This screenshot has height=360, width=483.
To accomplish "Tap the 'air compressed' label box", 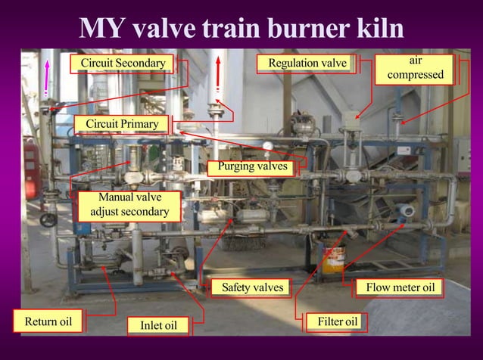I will click(416, 67).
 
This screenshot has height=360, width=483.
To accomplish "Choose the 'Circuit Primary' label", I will click(122, 124).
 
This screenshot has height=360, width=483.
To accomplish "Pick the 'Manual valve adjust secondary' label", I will click(129, 204).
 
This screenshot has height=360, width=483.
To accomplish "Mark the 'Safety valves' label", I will click(252, 287).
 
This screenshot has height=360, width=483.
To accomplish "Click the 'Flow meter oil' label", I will click(400, 287).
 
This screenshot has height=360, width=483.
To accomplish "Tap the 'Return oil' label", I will click(48, 322).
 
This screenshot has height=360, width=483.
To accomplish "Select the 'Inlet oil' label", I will click(159, 325).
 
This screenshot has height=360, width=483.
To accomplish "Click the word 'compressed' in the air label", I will click(416, 75).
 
